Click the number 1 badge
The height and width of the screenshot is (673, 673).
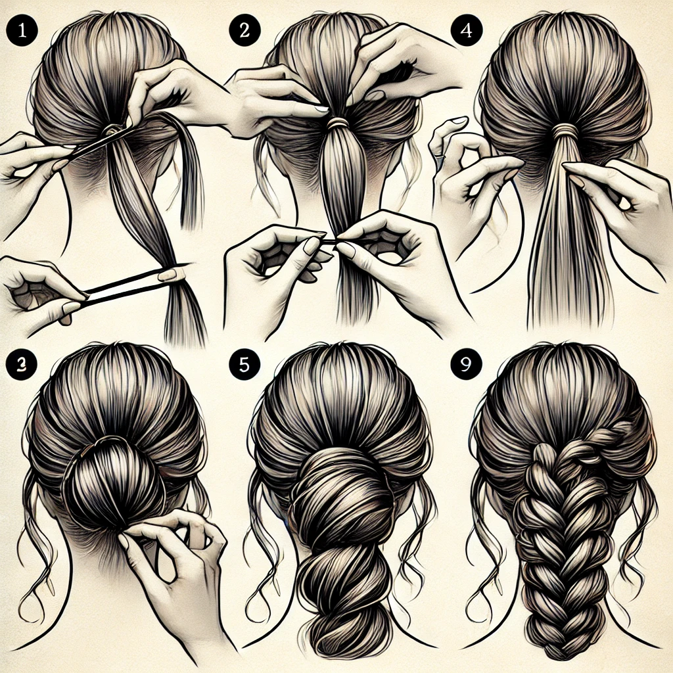point(22,31)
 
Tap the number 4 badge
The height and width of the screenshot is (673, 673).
point(467,30)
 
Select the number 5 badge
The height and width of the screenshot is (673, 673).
point(244,364)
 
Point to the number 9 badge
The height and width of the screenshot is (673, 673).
point(466,364)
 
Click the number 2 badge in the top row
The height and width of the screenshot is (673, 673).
point(244,30)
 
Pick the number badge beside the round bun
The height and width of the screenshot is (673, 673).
point(22,364)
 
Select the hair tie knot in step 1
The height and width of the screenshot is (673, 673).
point(112,129)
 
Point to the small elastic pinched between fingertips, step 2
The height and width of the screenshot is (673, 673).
point(331,243)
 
